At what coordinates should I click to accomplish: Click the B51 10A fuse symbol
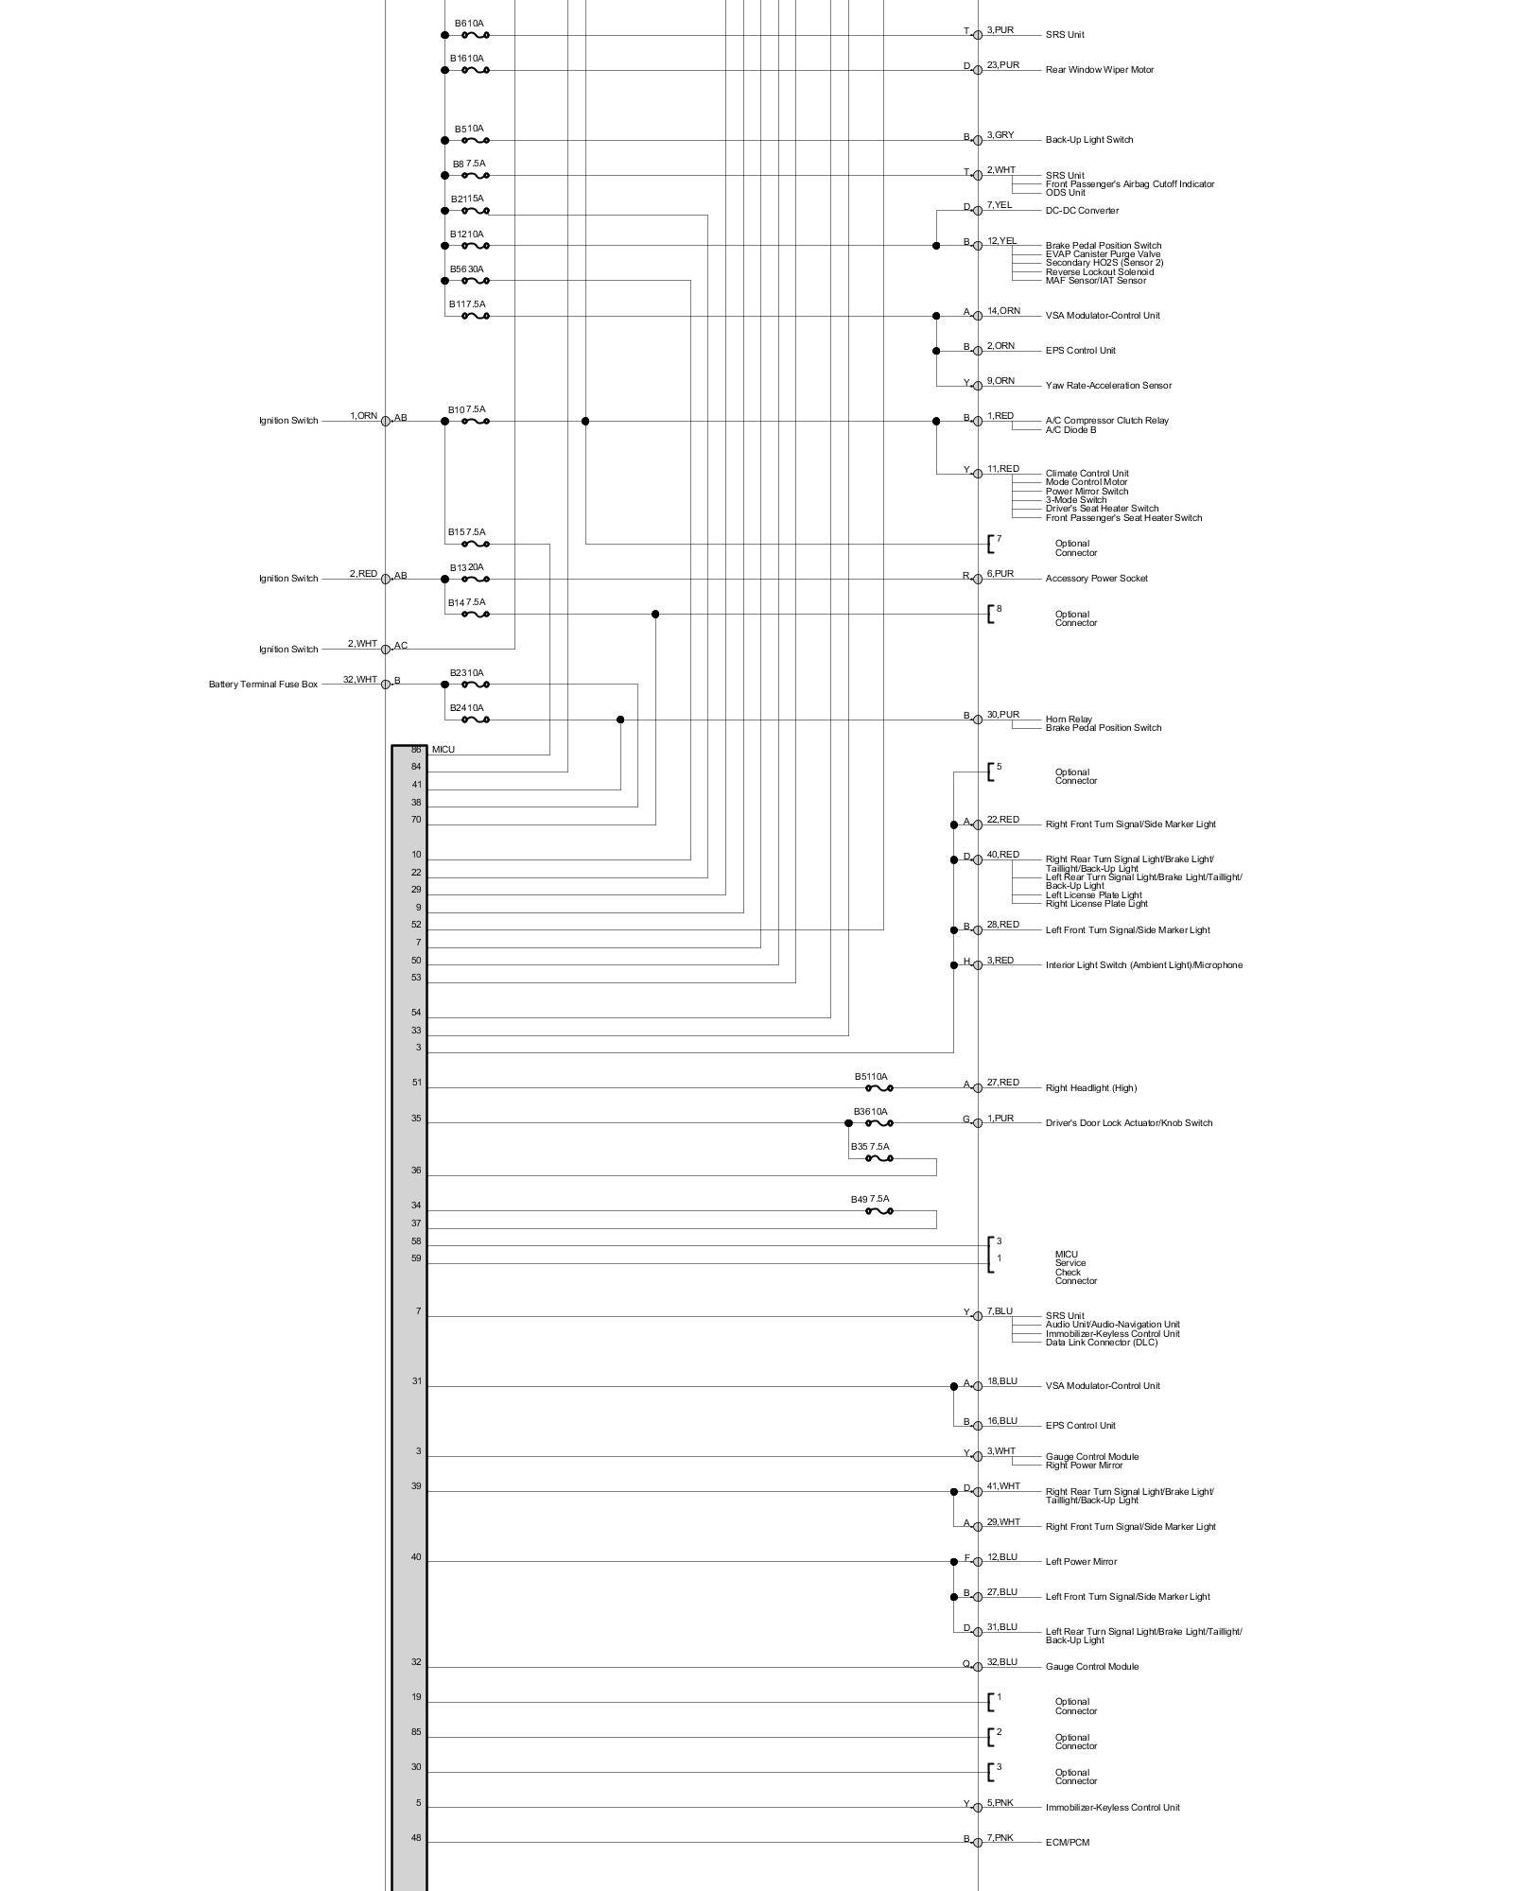tap(878, 1088)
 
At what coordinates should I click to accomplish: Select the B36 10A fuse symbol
tap(878, 1123)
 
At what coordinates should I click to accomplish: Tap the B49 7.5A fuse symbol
tap(878, 1211)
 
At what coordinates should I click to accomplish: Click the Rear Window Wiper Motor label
tap(1099, 70)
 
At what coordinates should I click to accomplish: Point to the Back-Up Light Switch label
tap(1088, 140)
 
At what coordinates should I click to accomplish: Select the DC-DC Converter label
tap(1082, 211)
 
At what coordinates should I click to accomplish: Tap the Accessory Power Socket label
tap(1096, 579)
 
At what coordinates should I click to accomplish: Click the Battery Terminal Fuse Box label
tap(263, 685)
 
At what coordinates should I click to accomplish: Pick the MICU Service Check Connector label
tap(1076, 1268)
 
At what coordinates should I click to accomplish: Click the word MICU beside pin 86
tap(443, 750)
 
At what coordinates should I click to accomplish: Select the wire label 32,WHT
tap(359, 680)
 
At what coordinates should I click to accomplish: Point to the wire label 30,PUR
tap(1002, 715)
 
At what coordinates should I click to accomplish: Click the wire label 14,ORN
tap(1003, 311)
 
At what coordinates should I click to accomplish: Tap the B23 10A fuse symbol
tap(475, 685)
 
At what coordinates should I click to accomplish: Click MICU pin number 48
tap(416, 1839)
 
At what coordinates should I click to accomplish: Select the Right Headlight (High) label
tap(1090, 1088)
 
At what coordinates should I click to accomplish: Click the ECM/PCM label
tap(1067, 1843)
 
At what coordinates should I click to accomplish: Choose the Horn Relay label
tap(1069, 720)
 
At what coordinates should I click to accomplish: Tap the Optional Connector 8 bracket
tap(991, 615)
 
